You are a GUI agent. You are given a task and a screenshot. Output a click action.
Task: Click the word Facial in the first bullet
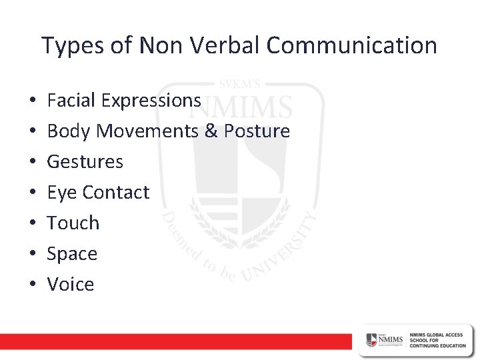[71, 100]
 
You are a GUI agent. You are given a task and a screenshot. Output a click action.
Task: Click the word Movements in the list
[148, 131]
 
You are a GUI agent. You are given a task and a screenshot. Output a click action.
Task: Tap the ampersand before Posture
[211, 131]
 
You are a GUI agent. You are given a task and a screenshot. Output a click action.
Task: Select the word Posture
[257, 131]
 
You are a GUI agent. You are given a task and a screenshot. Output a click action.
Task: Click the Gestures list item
[85, 162]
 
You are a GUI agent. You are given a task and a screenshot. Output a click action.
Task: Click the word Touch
[73, 223]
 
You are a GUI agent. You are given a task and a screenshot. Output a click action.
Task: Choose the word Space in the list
[72, 254]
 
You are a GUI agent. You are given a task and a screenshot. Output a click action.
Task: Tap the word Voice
[71, 285]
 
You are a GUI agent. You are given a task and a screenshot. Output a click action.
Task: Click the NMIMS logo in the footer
[385, 340]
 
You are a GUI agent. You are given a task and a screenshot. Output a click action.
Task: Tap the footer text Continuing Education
[439, 345]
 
